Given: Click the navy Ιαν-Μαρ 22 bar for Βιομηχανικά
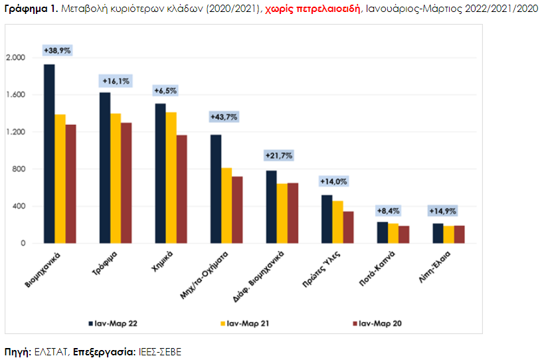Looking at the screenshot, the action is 49,154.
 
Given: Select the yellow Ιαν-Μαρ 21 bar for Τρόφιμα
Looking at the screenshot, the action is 116,179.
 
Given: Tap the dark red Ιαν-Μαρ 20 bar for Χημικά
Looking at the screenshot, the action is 182,189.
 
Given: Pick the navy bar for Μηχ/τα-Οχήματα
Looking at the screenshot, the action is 216,189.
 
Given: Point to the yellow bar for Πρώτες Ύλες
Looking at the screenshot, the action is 337,223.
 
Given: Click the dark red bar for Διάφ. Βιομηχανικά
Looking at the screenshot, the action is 293,213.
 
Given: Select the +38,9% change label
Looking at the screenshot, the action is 57,50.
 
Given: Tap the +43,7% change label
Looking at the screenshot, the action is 224,117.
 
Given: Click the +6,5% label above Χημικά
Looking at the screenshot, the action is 165,91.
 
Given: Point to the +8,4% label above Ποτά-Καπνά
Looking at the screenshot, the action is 389,211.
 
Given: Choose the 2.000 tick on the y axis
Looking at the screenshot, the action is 16,57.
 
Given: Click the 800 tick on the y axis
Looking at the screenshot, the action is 19,169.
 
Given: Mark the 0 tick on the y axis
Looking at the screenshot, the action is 23,244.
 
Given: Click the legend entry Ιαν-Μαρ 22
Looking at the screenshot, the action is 113,323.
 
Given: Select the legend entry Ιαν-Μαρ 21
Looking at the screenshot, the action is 244,323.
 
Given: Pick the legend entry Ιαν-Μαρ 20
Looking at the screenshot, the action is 377,323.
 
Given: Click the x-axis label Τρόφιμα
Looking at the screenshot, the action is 105,264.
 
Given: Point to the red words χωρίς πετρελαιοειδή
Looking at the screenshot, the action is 312,9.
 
